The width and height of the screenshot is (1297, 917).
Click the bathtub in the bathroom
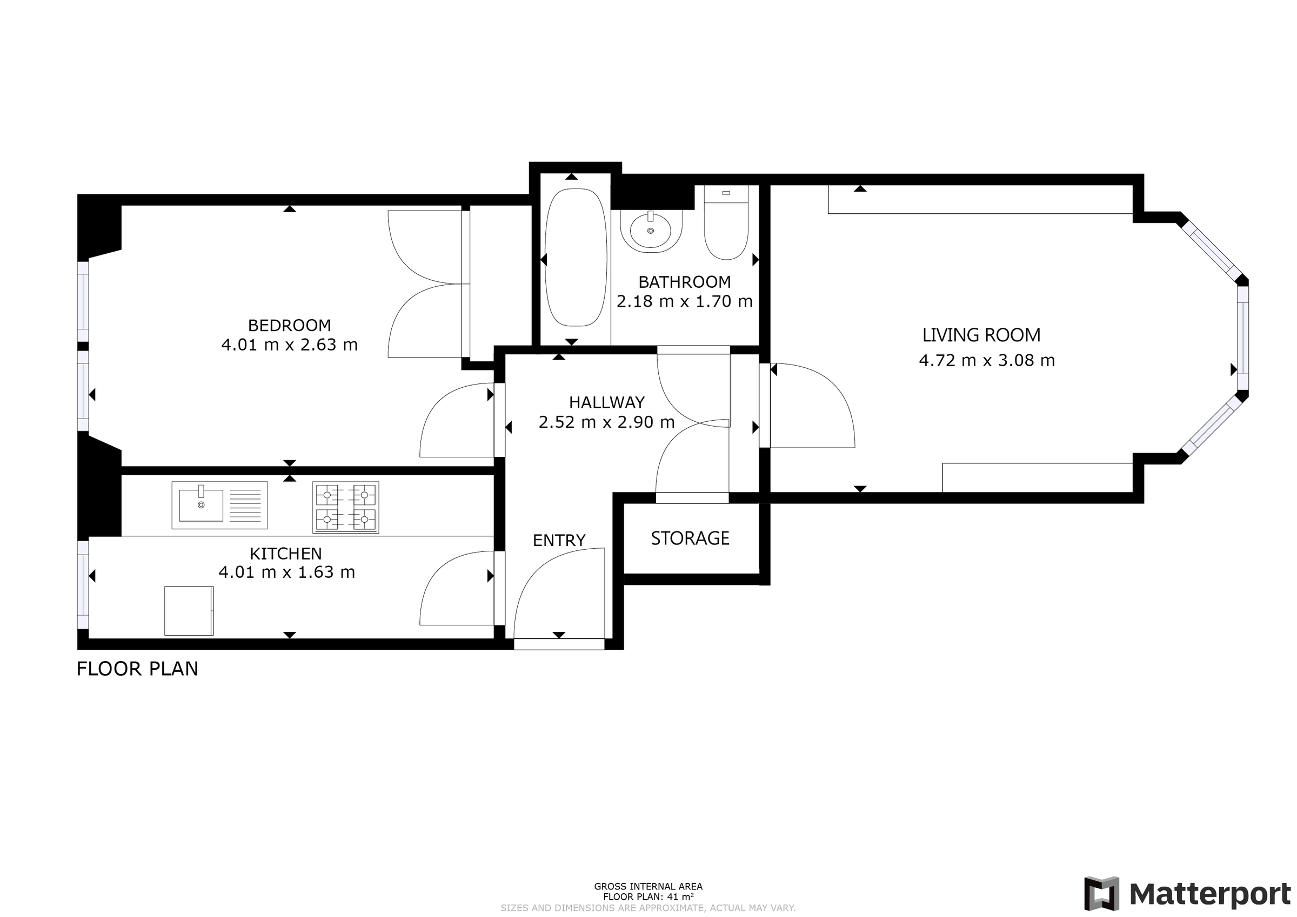(x=576, y=258)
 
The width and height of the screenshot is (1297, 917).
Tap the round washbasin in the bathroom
(x=651, y=231)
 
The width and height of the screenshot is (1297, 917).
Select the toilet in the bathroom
(x=726, y=222)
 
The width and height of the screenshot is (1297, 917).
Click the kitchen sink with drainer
(x=220, y=505)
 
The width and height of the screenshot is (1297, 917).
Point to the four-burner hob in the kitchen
(x=346, y=507)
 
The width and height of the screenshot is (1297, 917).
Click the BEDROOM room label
(x=289, y=325)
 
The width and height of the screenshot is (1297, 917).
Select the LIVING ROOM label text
(x=981, y=335)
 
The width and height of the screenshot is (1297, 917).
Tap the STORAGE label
(x=690, y=538)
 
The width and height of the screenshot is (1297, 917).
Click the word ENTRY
(x=559, y=541)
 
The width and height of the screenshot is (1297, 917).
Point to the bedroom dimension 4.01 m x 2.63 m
(x=289, y=345)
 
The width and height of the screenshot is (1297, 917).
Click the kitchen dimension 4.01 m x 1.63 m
(x=287, y=572)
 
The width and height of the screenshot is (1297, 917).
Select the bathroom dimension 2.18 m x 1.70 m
(x=685, y=301)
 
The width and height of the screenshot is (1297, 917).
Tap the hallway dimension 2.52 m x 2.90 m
(x=607, y=422)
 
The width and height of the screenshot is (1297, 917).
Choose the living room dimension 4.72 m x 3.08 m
(x=987, y=360)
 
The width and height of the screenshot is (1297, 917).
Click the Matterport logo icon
(x=1101, y=894)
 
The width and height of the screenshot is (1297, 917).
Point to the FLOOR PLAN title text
(x=137, y=669)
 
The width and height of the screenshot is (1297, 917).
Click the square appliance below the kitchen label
(x=189, y=611)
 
